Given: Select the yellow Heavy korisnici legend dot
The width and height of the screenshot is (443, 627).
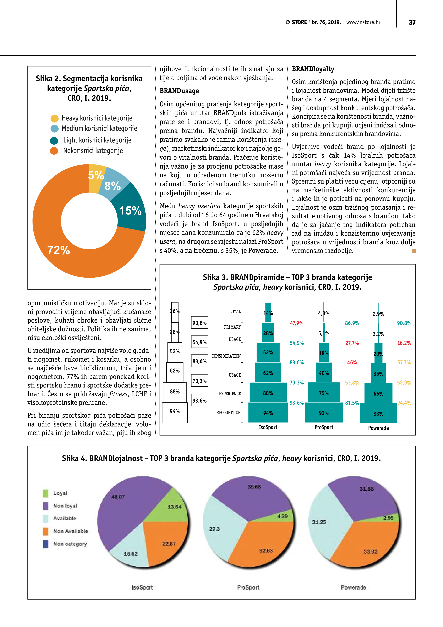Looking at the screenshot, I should [x=55, y=119].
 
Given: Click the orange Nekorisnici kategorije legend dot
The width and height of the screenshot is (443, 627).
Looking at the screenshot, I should [x=54, y=151].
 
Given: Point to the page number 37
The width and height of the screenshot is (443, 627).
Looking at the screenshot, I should [x=412, y=22].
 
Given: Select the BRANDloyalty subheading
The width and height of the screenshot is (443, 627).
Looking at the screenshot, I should [x=313, y=69].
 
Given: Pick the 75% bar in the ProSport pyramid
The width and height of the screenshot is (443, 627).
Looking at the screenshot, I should [x=324, y=393].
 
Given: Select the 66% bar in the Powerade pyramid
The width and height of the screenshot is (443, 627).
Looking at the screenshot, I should [x=378, y=394].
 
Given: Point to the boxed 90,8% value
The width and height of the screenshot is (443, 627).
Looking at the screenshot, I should [x=200, y=323].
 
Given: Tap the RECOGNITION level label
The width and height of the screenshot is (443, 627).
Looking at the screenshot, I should [x=228, y=412].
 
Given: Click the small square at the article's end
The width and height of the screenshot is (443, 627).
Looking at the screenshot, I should [x=414, y=251].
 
